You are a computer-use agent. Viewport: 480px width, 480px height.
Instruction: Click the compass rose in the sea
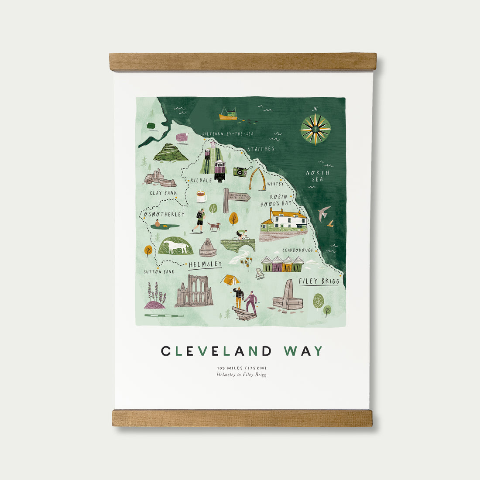[x=315, y=129]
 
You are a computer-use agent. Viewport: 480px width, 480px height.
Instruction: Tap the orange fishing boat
[x=228, y=114]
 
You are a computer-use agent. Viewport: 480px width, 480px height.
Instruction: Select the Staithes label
[x=261, y=149]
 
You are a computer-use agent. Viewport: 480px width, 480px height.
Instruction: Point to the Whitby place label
[x=275, y=184]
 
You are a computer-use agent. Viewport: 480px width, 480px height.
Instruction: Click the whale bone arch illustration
[x=257, y=179]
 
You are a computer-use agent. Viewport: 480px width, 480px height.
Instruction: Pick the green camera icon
[x=240, y=171]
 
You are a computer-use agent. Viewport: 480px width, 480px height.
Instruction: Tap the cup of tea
[x=201, y=197]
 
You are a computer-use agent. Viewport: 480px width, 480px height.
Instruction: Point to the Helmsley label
[x=205, y=264]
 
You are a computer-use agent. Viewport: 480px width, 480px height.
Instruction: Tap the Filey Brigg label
[x=319, y=281]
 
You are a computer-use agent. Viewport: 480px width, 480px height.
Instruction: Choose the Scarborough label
[x=298, y=250]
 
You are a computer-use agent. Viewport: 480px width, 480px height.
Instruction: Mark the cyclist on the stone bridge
[x=241, y=235]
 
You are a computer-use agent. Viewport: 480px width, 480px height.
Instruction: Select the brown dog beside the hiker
[x=214, y=226]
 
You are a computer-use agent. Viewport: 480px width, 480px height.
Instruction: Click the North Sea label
[x=318, y=176]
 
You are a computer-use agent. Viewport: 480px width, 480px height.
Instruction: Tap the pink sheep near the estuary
[x=182, y=138]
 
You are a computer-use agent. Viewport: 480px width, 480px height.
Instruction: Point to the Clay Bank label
[x=163, y=193]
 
